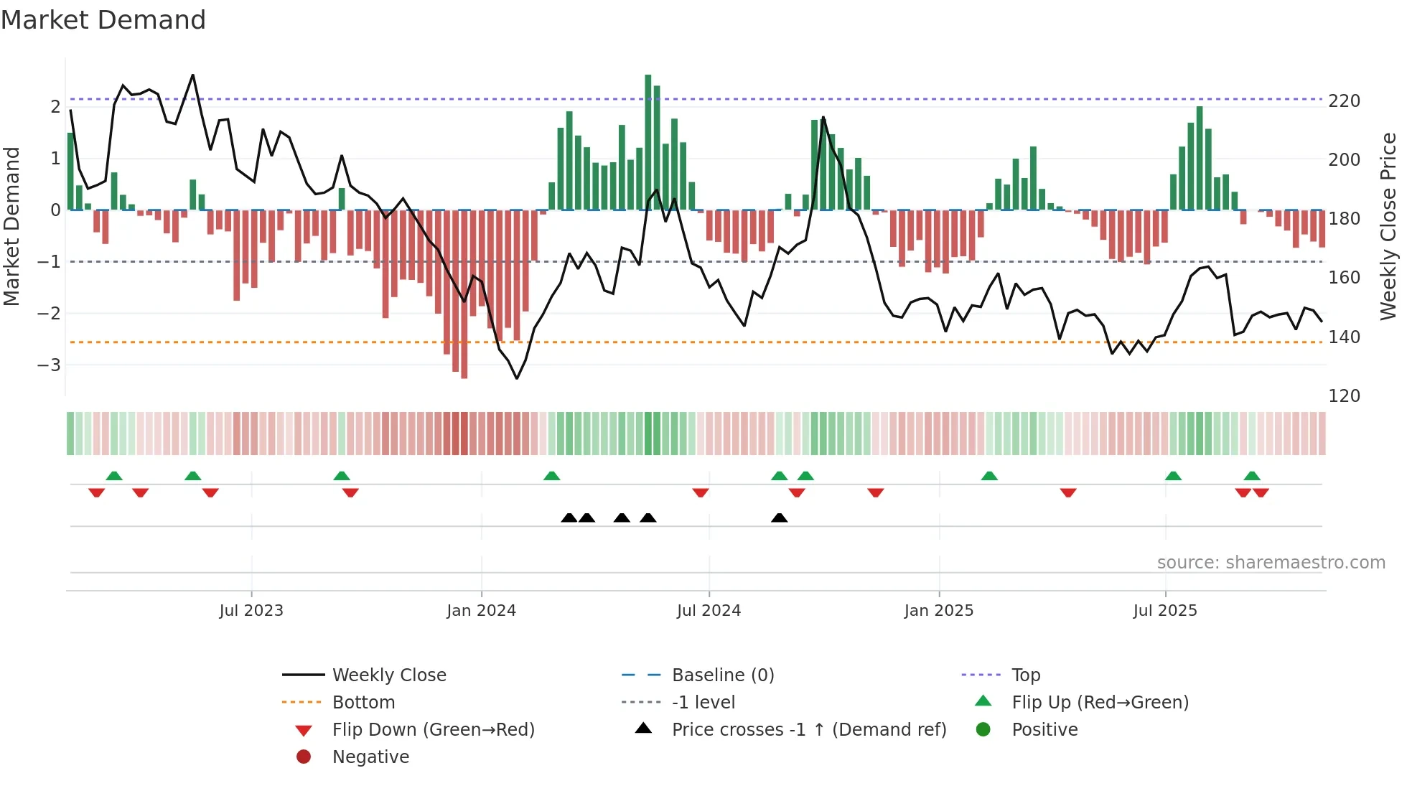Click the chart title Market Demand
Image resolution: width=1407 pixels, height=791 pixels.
103,20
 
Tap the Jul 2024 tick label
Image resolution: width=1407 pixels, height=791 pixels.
709,611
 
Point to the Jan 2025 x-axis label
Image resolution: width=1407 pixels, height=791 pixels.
938,611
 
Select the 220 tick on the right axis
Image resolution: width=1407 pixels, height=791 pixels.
1344,101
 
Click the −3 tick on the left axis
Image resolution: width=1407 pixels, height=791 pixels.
50,365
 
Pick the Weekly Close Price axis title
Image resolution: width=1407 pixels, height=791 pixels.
1388,226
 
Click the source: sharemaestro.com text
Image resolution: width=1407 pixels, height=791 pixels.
1271,563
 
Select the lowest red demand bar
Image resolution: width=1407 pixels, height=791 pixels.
464,294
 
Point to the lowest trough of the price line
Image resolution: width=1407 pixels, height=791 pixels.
517,378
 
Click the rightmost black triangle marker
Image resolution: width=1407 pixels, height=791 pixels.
779,518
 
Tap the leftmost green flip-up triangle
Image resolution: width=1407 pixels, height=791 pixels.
114,476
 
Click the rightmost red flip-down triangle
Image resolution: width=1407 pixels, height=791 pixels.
1261,492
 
